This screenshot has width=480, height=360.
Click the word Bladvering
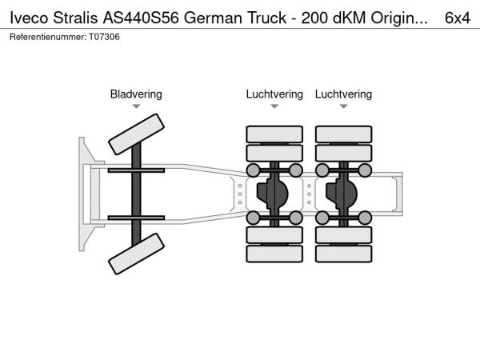136,94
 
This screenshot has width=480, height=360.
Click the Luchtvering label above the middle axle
274,94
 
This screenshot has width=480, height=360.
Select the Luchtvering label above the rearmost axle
343,94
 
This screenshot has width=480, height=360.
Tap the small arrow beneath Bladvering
136,106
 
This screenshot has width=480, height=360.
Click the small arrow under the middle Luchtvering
274,106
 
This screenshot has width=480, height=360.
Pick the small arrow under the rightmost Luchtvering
343,106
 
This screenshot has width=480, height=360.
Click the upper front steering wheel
137,133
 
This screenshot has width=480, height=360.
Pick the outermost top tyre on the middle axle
274,134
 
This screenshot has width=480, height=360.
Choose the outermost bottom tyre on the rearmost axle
343,254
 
